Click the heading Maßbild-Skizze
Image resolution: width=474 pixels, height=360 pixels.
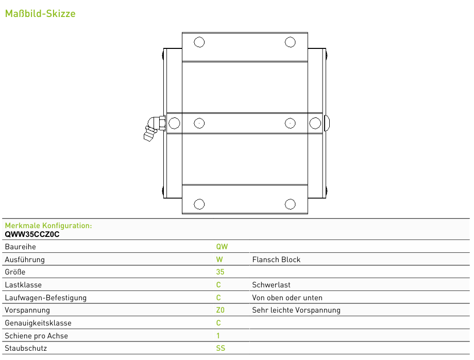click(40, 13)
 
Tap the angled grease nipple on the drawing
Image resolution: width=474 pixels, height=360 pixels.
click(154, 128)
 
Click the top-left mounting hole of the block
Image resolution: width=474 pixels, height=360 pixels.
click(199, 42)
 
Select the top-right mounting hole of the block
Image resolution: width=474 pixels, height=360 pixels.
click(290, 42)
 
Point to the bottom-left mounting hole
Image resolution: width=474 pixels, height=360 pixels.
click(199, 204)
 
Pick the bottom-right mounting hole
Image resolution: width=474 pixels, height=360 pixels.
click(290, 204)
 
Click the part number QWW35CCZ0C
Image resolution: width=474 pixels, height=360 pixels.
click(32, 234)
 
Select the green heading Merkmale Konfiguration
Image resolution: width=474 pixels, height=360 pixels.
click(48, 226)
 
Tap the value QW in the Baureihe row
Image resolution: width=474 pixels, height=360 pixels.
click(222, 247)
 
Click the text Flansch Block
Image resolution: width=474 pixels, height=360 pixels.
click(276, 260)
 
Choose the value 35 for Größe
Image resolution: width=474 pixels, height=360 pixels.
click(220, 272)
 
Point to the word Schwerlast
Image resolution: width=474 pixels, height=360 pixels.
click(271, 285)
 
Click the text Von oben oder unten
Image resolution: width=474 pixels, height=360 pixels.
click(287, 298)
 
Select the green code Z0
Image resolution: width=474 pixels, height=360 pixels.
click(220, 310)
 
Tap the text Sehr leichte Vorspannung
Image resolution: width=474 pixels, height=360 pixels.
click(296, 310)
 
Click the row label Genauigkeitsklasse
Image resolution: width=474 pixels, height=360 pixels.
click(38, 323)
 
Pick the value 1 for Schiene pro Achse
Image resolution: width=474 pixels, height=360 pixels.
click(218, 335)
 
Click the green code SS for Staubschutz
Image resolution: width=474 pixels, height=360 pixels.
click(221, 348)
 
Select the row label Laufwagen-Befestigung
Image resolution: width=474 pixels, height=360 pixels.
click(46, 298)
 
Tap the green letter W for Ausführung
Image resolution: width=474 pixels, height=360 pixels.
click(219, 260)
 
